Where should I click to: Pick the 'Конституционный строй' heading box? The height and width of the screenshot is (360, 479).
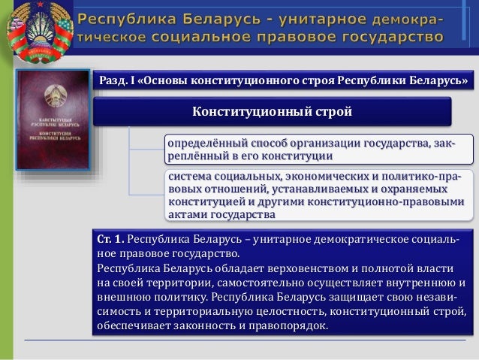[x=272, y=112]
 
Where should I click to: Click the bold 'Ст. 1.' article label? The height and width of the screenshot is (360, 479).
[x=110, y=240]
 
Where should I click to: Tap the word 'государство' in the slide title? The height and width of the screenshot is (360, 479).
[x=393, y=35]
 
